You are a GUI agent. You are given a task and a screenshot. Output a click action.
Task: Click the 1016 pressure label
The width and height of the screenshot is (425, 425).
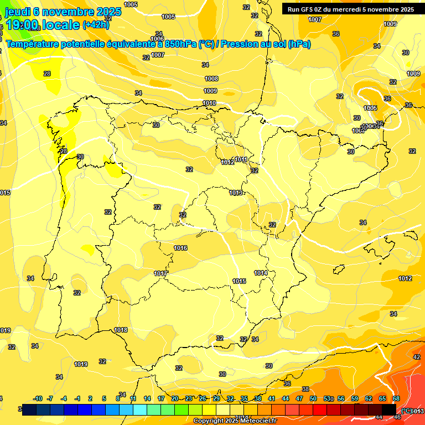(x=180, y=248)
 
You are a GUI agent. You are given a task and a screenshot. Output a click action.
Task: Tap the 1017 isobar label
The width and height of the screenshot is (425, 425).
(x=160, y=274)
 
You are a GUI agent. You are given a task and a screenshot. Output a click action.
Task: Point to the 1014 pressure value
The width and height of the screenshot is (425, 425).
(x=261, y=273)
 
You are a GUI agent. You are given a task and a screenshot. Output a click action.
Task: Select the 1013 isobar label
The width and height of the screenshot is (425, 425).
(x=236, y=193)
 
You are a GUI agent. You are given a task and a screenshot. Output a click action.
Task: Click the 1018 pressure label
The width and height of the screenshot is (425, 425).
(x=121, y=330)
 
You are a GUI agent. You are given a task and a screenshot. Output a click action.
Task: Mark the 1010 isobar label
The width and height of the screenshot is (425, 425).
(x=209, y=103)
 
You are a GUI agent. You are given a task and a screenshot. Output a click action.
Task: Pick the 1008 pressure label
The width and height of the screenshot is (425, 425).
(x=211, y=79)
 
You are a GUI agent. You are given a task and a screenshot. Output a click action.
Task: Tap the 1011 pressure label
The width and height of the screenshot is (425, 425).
(x=241, y=160)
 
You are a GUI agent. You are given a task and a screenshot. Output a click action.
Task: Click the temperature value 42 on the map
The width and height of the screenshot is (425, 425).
(x=417, y=357)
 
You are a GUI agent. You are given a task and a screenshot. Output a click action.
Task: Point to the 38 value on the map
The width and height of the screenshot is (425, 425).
(x=305, y=390)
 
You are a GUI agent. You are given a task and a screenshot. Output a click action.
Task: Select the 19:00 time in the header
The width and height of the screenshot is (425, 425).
(x=23, y=25)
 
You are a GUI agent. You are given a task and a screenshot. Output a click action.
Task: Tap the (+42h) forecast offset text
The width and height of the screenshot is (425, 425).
(x=96, y=25)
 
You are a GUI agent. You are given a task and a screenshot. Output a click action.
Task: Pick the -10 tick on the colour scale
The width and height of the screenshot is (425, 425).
(x=38, y=399)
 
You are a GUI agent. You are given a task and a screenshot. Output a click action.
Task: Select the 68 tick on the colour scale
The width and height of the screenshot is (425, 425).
(x=396, y=399)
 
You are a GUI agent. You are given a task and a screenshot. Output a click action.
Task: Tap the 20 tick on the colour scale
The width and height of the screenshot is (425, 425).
(x=174, y=399)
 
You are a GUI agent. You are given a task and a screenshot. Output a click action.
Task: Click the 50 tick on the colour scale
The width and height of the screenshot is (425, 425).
(x=313, y=399)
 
